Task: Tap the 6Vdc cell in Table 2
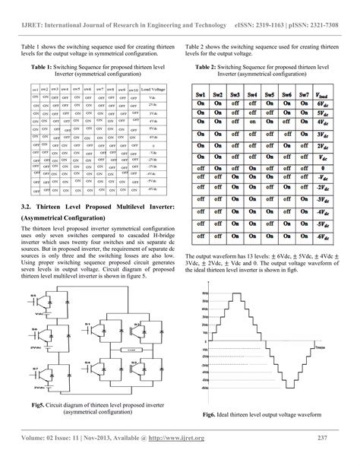tap(322, 104)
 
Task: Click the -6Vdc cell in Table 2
tap(322, 236)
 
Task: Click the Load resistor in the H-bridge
tap(132, 349)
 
